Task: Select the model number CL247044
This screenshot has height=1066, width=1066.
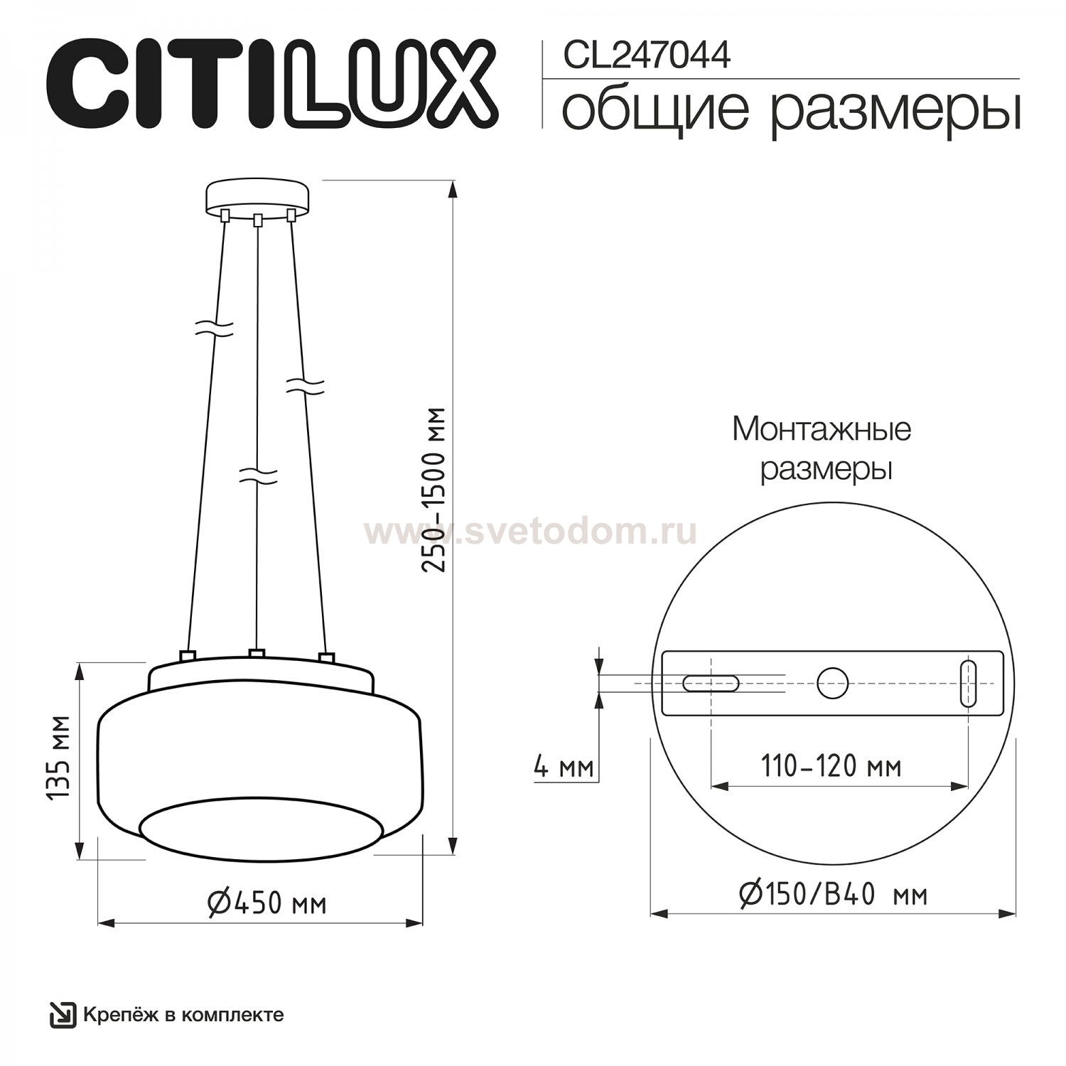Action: pyautogui.click(x=647, y=55)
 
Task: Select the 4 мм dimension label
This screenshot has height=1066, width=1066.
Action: pyautogui.click(x=563, y=768)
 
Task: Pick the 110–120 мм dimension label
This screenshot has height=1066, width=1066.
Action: pyautogui.click(x=831, y=767)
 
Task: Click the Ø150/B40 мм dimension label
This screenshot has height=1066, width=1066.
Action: pyautogui.click(x=833, y=895)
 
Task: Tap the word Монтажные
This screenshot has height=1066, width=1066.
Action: pyautogui.click(x=822, y=430)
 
